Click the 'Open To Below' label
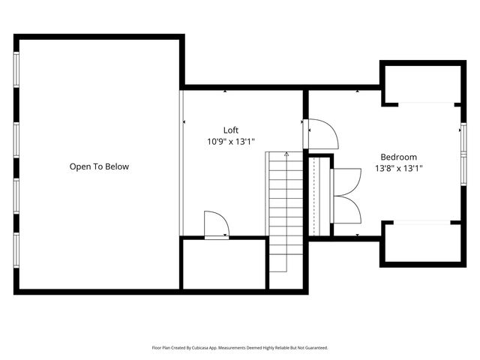pos(99,166)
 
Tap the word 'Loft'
pos(231,130)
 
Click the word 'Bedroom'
pos(398,157)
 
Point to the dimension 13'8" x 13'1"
pos(398,169)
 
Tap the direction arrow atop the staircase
pos(286,154)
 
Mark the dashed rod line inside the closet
pos(313,195)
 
